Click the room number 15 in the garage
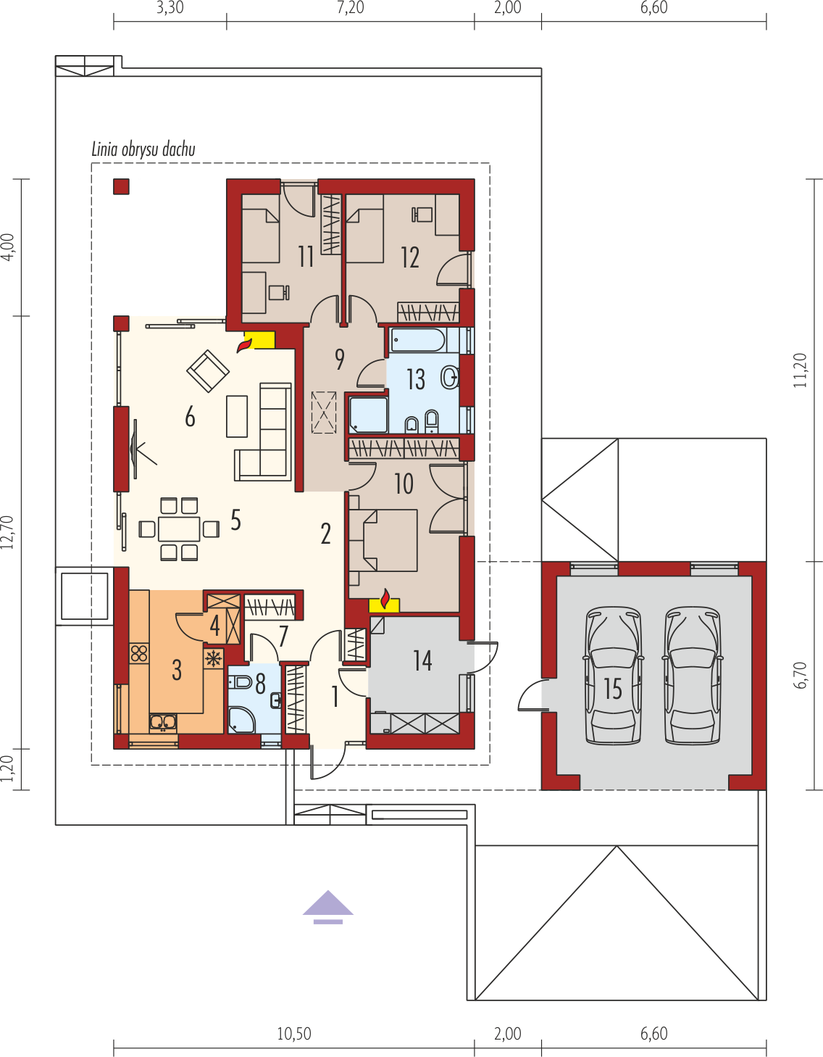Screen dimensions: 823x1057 click(613, 689)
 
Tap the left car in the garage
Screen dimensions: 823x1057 click(613, 676)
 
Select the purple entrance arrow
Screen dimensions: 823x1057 click(328, 907)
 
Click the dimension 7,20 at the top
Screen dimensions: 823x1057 click(350, 8)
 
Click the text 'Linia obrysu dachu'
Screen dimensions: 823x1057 click(143, 149)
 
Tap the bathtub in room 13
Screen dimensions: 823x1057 click(417, 340)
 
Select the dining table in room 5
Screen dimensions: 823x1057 click(179, 528)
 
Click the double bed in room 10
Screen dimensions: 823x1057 click(383, 540)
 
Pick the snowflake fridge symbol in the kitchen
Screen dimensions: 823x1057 click(214, 658)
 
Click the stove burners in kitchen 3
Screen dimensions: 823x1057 click(140, 653)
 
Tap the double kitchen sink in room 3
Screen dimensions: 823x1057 click(163, 722)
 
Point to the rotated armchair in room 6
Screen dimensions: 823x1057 click(208, 371)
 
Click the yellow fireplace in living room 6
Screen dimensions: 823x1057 click(259, 339)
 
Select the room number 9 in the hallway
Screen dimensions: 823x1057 click(339, 360)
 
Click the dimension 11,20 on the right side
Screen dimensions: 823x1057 click(800, 370)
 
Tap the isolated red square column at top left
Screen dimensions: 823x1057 click(121, 187)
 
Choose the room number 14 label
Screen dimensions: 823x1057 click(422, 660)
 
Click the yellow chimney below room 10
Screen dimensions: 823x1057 click(384, 605)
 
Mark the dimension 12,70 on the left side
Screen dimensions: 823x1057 click(7, 533)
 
